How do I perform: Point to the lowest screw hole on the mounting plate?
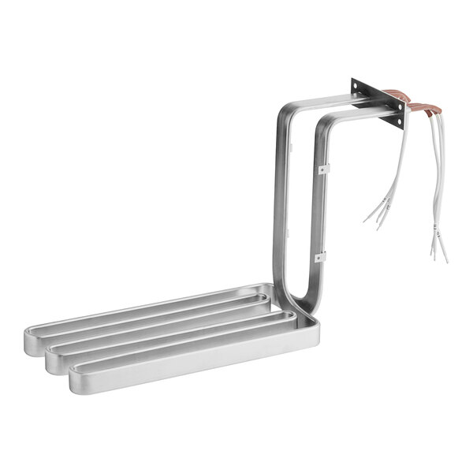[399, 124]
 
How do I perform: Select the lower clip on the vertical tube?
[319, 256]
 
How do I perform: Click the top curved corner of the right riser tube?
[326, 124]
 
